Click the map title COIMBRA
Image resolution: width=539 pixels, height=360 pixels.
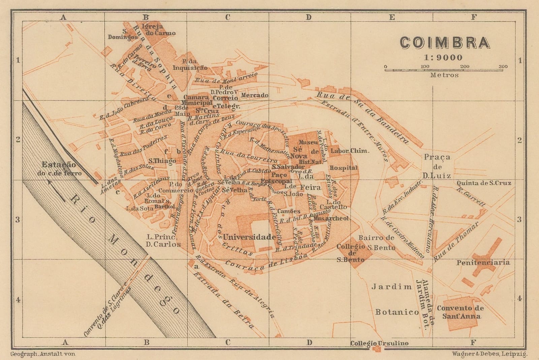point(444,43)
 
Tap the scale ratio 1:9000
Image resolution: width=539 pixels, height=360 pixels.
point(443,57)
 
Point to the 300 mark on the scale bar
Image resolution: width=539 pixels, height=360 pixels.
point(503,66)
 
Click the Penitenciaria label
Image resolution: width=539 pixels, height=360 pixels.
point(483,263)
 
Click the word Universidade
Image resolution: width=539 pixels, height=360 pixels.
point(249,237)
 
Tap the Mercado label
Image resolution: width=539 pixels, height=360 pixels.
point(255,95)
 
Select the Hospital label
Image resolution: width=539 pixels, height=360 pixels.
point(343,168)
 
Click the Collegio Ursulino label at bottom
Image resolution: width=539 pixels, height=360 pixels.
point(379,343)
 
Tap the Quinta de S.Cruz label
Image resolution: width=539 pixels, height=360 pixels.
point(484,183)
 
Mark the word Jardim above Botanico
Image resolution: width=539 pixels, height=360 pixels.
point(392,287)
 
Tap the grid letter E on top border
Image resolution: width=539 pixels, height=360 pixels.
point(392,18)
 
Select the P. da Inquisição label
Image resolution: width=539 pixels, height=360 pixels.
point(190,65)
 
